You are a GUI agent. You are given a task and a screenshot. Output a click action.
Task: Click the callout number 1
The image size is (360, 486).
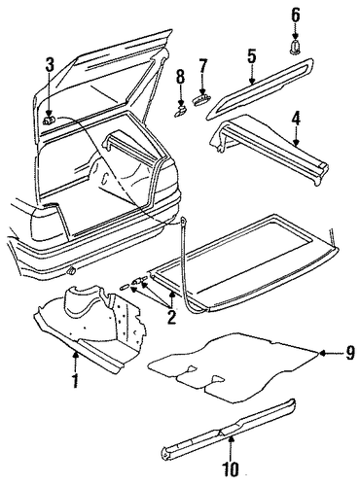[75, 381]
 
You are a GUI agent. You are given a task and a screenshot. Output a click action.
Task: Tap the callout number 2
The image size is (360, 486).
[171, 318]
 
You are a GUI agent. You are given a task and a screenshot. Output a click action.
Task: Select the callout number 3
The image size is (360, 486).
[50, 65]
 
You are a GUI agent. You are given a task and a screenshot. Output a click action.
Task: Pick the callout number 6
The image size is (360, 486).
[295, 15]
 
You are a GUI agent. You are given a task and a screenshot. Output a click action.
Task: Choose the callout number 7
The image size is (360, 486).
[202, 66]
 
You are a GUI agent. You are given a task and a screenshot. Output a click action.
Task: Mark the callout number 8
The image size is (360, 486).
[180, 78]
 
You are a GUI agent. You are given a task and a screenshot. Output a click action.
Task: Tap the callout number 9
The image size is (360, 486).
[350, 353]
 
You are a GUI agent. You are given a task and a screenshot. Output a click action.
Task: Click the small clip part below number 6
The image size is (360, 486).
[295, 47]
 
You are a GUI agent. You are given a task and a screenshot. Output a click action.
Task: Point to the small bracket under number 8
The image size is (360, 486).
[180, 111]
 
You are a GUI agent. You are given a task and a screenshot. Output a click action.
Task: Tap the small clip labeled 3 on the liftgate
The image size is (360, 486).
[49, 121]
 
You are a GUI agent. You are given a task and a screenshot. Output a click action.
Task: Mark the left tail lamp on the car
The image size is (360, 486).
[49, 222]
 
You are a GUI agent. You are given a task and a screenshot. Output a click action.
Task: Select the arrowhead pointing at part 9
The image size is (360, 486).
[322, 353]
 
